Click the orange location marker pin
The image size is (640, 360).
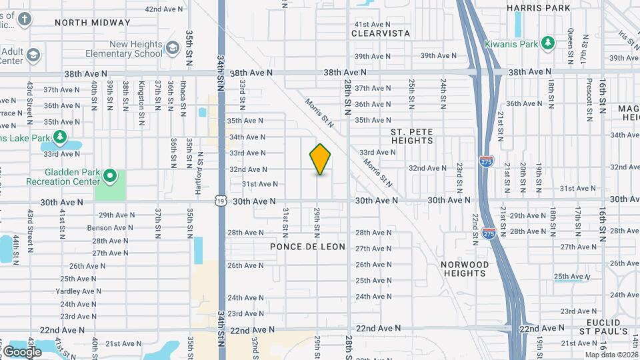321,159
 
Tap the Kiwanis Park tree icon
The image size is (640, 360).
548,43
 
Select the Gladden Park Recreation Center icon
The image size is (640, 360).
110,177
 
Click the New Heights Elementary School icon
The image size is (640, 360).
173,47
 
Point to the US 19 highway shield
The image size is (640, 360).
221,200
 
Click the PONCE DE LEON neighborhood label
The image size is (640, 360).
308,247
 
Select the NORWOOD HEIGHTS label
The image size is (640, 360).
464,269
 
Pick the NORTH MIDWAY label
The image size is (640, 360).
93,23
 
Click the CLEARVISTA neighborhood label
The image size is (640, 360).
381,33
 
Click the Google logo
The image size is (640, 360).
22,351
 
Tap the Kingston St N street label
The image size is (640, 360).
141,95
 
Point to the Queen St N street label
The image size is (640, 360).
571,40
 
